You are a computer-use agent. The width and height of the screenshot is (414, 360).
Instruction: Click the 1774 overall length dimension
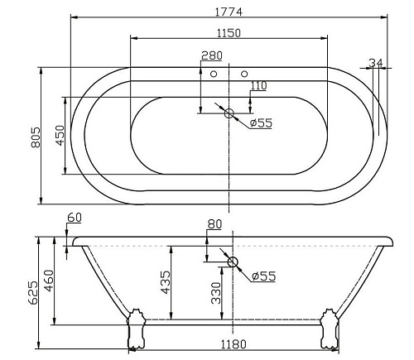(229, 12)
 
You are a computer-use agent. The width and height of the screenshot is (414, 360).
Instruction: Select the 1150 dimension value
(229, 33)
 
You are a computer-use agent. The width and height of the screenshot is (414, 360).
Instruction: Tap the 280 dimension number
(212, 55)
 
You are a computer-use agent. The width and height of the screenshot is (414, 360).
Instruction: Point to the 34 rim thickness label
(377, 63)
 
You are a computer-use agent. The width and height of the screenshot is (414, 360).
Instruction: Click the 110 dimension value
(258, 86)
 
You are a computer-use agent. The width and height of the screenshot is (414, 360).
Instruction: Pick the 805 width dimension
(36, 137)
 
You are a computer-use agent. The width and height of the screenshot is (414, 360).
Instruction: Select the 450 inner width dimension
(60, 136)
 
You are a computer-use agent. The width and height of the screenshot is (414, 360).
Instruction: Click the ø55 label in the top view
(261, 122)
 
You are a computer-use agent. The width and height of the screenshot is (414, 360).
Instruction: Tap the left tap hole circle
(214, 74)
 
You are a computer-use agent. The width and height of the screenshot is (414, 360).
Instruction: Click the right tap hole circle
(244, 74)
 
